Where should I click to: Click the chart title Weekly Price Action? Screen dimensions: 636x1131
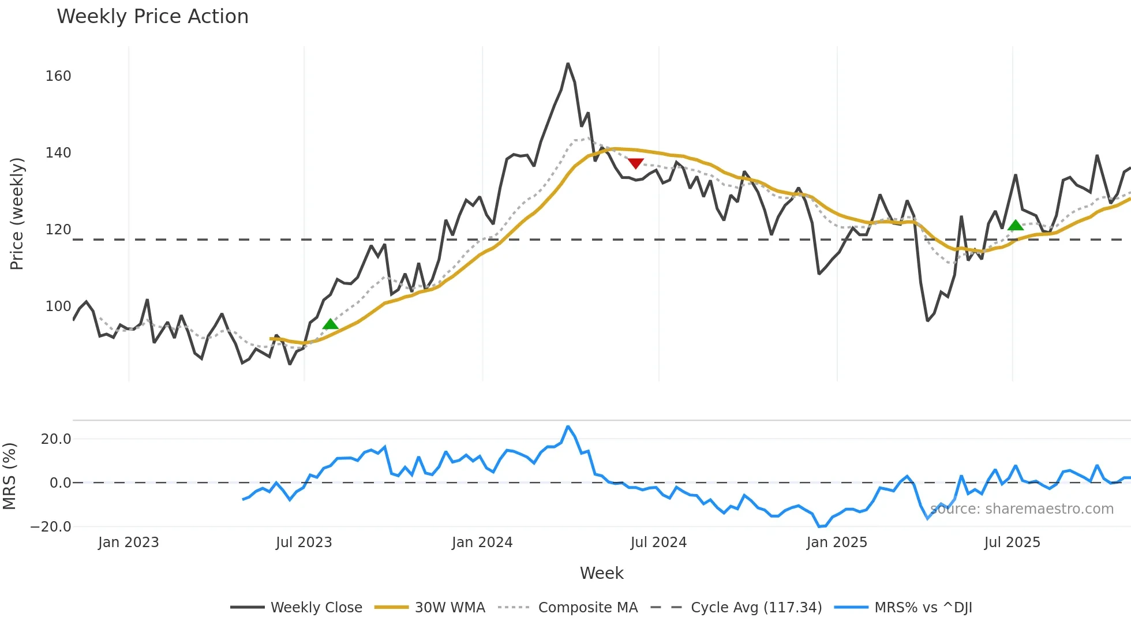pyautogui.click(x=152, y=16)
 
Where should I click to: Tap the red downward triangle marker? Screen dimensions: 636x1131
pyautogui.click(x=635, y=163)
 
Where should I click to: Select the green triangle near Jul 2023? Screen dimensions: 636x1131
pyautogui.click(x=330, y=324)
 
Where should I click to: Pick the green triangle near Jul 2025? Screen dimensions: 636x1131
pyautogui.click(x=1015, y=225)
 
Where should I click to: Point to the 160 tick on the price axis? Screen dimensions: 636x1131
pyautogui.click(x=58, y=76)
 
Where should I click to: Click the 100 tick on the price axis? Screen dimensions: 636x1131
pyautogui.click(x=58, y=306)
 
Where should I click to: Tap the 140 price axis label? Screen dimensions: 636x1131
pyautogui.click(x=58, y=153)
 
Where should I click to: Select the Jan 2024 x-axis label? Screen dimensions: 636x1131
pyautogui.click(x=482, y=543)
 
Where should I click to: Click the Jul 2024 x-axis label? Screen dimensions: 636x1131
pyautogui.click(x=658, y=543)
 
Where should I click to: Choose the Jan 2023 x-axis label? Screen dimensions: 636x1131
pyautogui.click(x=128, y=543)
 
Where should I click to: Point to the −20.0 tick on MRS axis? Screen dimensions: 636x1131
pyautogui.click(x=51, y=527)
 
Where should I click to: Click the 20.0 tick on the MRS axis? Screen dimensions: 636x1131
pyautogui.click(x=56, y=439)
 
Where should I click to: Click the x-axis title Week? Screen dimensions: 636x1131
pyautogui.click(x=601, y=573)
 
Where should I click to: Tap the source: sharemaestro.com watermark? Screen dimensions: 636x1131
pyautogui.click(x=1021, y=509)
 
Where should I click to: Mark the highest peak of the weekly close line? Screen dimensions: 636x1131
pyautogui.click(x=568, y=63)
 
